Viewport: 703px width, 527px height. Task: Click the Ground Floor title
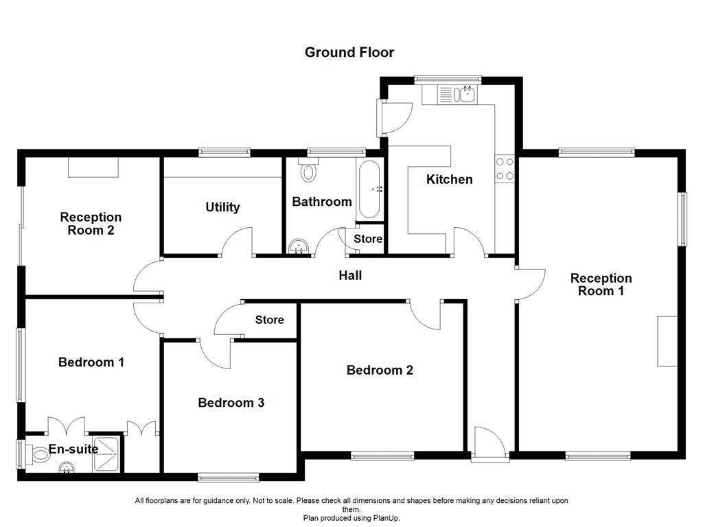point(349,52)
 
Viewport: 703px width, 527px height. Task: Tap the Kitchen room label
point(450,180)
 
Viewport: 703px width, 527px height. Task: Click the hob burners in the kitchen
point(505,169)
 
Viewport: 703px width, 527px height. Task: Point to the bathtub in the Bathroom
point(369,189)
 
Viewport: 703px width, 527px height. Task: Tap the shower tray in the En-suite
point(107,453)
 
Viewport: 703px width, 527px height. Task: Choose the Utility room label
point(222,207)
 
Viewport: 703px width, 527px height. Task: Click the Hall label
point(350,276)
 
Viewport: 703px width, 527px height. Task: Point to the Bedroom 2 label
point(380,371)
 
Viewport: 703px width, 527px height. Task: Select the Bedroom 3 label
point(231,403)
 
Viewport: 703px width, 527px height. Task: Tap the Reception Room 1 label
point(601,285)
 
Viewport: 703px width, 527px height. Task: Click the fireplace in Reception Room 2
point(93,167)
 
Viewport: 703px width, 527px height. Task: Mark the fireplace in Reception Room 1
point(667,341)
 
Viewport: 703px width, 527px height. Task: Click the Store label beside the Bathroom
point(368,239)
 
